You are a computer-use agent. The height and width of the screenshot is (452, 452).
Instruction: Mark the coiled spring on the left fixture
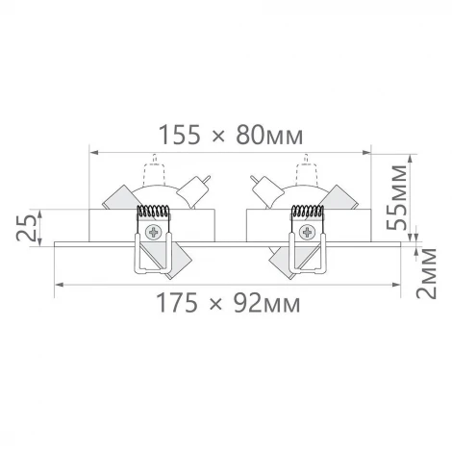pos(153,213)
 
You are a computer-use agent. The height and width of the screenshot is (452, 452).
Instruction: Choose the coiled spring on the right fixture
pos(308,213)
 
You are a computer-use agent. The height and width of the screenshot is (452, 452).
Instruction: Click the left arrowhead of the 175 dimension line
pos(60,285)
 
